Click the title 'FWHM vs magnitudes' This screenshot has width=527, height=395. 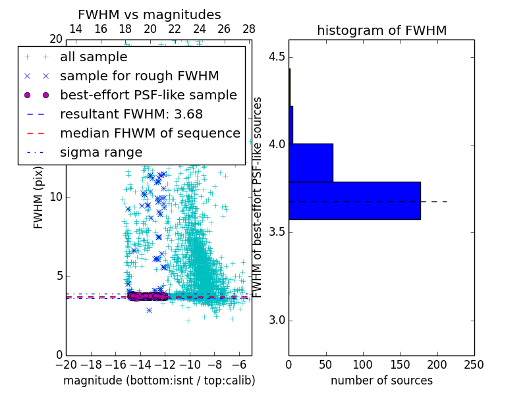pos(150,14)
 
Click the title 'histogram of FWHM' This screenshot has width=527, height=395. pos(381,30)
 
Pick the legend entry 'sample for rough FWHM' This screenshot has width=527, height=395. pos(139,76)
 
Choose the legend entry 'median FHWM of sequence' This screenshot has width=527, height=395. pos(150,133)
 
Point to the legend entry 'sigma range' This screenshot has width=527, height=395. pos(101,152)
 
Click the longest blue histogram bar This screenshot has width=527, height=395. pos(354,200)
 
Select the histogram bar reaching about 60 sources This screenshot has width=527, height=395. pos(311,163)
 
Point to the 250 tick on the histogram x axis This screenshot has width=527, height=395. pos(474,364)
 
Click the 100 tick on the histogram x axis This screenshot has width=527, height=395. pos(363,364)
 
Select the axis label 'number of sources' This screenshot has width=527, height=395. pos(381,381)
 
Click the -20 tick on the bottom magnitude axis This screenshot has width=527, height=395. pos(66,364)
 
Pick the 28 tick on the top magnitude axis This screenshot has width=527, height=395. pos(249,29)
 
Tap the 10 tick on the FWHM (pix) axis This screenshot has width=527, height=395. pos(57,197)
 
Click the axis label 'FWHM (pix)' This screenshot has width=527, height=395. pos(39,198)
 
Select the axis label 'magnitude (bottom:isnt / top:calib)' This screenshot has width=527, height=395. pos(159,381)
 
